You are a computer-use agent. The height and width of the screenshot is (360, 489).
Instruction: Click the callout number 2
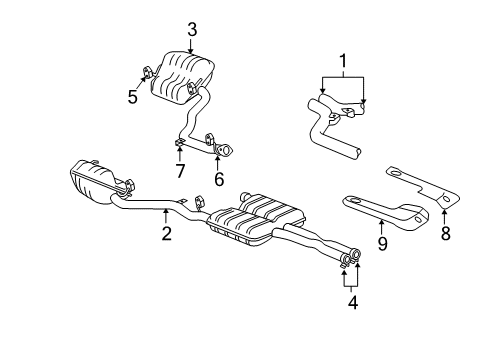point(166,234)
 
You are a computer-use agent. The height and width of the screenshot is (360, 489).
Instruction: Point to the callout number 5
point(131,98)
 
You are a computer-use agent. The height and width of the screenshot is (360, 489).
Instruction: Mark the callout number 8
point(445,234)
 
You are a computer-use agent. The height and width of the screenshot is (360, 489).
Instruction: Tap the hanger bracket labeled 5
point(146,71)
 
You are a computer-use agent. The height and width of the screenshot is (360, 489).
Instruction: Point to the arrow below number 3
point(191,45)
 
